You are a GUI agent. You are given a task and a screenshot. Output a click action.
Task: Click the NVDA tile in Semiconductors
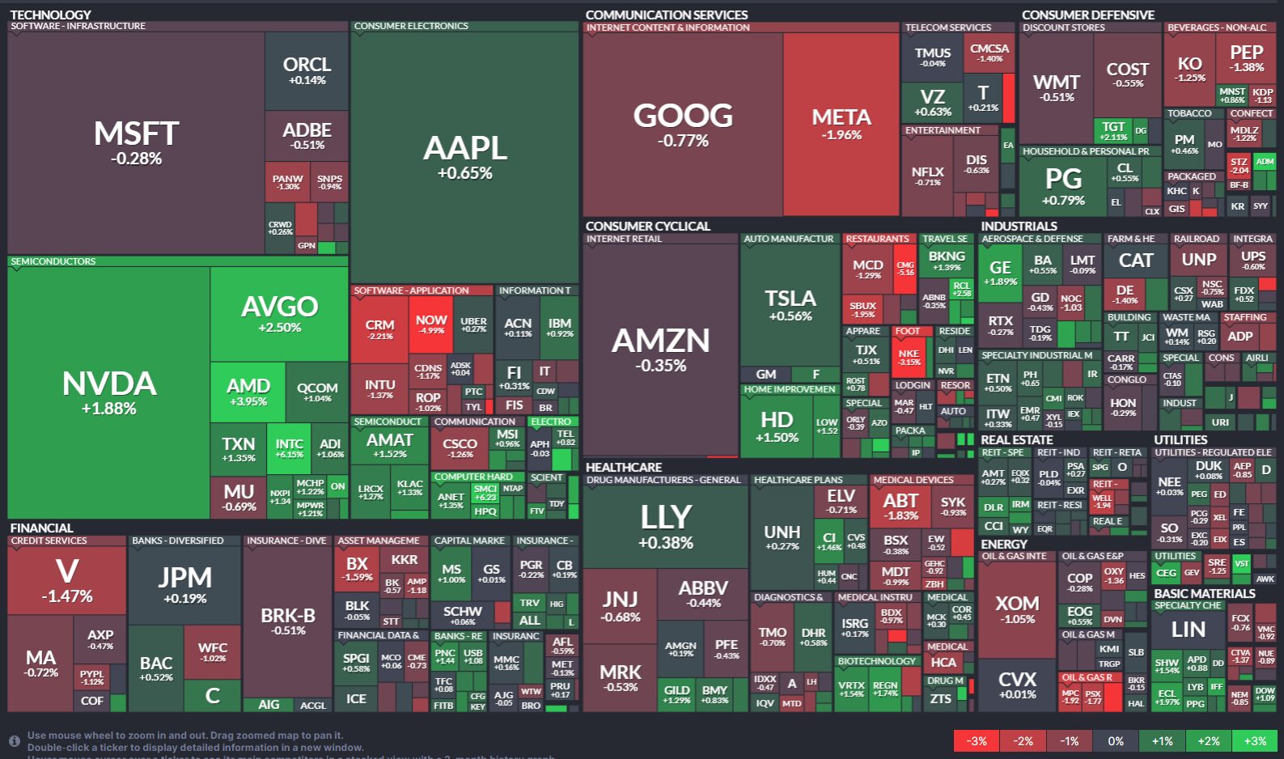tap(109, 393)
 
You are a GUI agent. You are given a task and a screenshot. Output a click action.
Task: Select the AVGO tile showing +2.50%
tap(279, 314)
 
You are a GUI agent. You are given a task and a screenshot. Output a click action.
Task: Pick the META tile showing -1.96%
tap(841, 124)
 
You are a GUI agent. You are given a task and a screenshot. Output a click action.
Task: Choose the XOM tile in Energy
tap(1017, 608)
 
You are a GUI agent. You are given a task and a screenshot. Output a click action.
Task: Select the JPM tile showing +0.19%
tap(184, 584)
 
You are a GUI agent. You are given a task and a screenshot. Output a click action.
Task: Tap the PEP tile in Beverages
tap(1246, 58)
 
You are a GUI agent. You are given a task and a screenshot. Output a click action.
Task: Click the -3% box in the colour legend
tap(977, 740)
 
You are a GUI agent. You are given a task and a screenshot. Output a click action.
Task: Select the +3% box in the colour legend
tap(1255, 740)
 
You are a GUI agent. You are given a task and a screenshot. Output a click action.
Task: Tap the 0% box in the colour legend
tap(1116, 740)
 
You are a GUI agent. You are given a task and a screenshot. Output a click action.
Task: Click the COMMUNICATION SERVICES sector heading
tap(667, 15)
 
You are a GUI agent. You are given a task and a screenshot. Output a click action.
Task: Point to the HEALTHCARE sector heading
tap(624, 467)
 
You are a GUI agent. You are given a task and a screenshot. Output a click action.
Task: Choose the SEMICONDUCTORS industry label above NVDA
tap(53, 261)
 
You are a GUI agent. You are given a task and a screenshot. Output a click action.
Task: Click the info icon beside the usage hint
tap(15, 741)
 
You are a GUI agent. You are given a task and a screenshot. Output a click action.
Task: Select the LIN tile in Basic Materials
tap(1188, 629)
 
